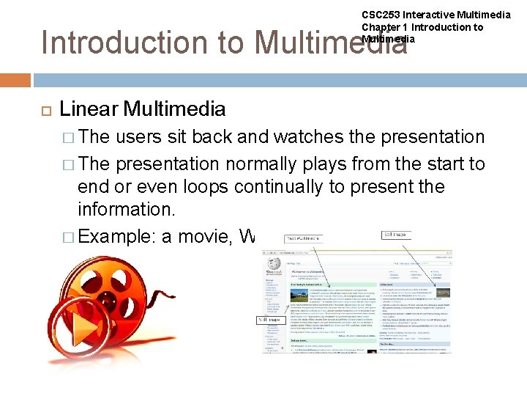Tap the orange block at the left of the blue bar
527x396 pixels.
[15, 80]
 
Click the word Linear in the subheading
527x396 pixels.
[89, 109]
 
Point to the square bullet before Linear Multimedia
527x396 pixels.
[42, 110]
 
